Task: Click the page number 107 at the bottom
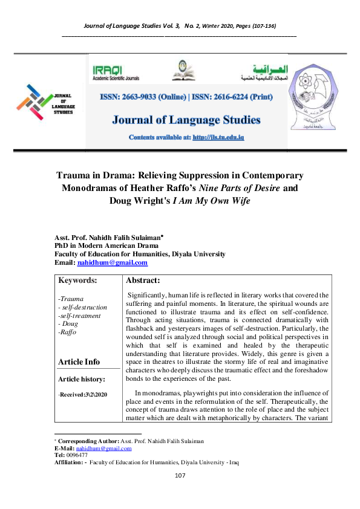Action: [x=180, y=493]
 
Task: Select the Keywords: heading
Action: [x=78, y=280]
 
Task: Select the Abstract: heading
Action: [x=143, y=280]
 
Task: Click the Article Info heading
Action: [x=79, y=361]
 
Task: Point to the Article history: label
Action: [x=81, y=379]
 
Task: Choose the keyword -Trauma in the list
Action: [x=71, y=299]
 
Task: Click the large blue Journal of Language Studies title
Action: [x=186, y=119]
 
